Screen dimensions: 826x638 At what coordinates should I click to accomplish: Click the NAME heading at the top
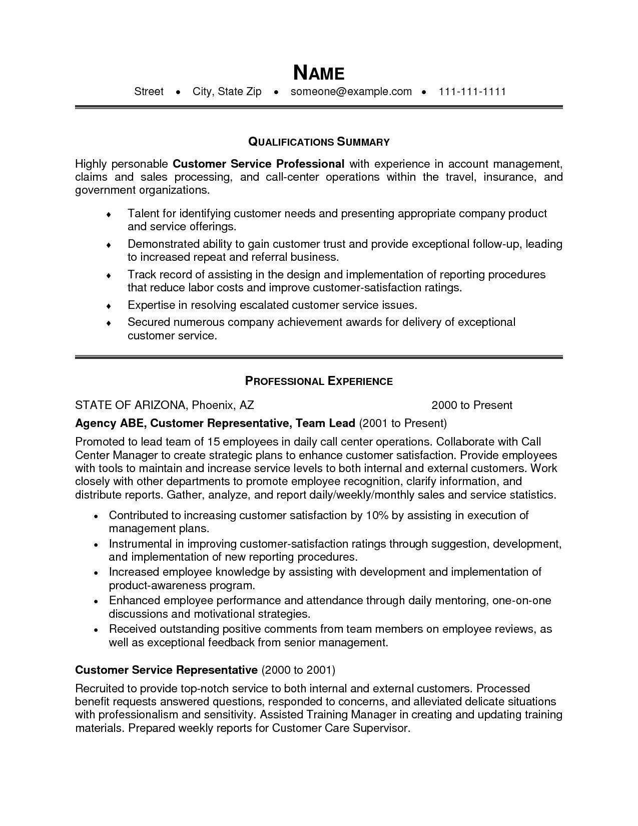[319, 73]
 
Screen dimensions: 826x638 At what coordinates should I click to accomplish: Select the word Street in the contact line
[149, 92]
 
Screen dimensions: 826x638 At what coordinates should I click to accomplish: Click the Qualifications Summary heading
[319, 142]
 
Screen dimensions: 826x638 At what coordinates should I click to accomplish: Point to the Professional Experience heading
[319, 381]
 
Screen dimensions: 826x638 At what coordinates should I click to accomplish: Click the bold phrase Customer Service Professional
[258, 164]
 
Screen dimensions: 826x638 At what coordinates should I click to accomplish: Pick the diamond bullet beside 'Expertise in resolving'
[109, 306]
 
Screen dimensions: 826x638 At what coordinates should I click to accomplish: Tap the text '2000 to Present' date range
[472, 405]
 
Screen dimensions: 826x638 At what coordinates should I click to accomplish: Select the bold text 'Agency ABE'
[110, 423]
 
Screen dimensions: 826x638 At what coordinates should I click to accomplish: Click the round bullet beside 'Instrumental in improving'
[97, 544]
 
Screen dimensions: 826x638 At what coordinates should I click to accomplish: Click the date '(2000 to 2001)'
[298, 670]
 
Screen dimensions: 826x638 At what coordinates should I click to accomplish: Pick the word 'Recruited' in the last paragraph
[98, 688]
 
